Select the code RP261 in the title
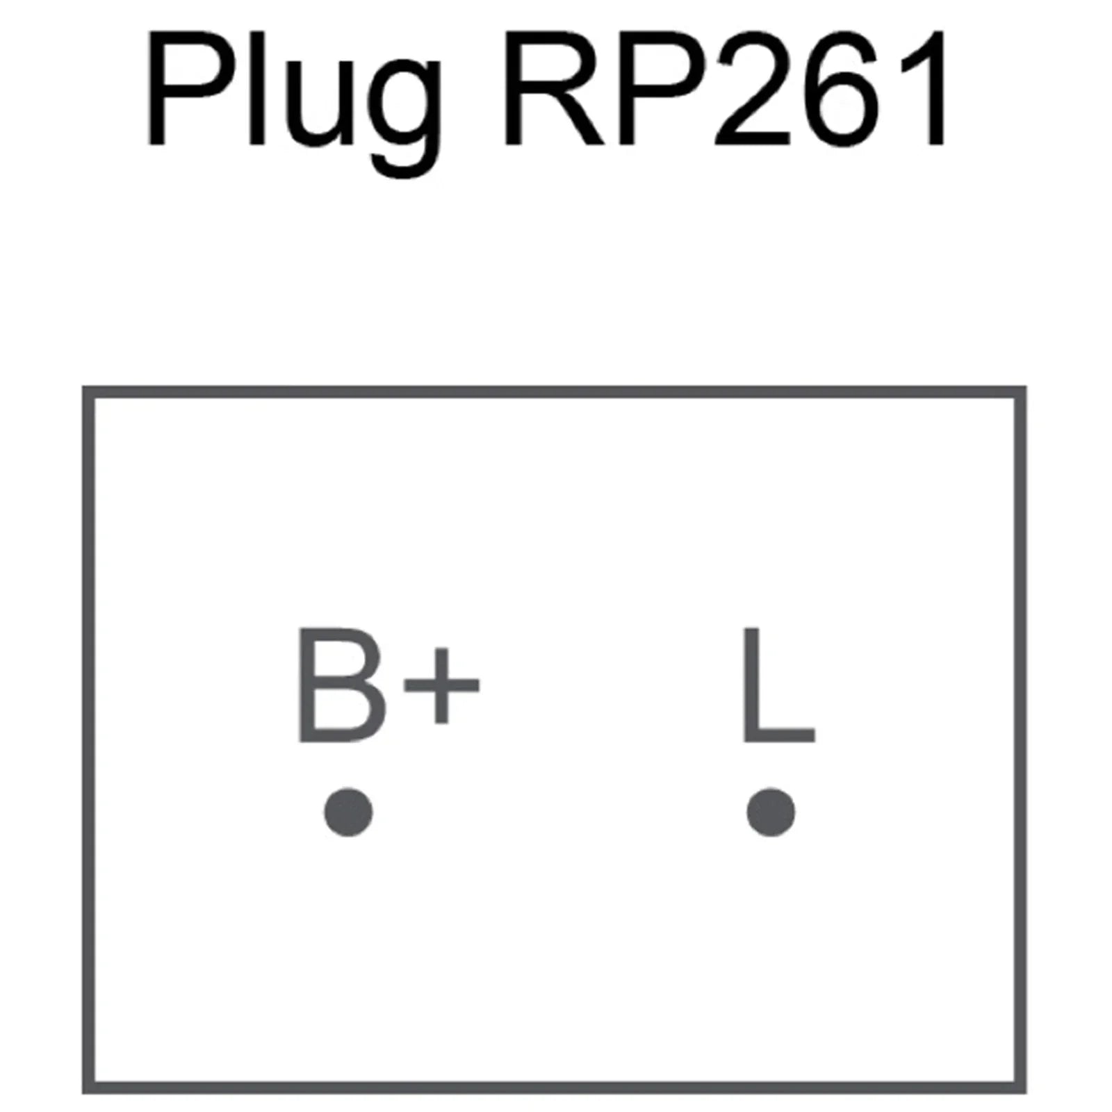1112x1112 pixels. click(x=724, y=88)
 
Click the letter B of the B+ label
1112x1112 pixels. click(x=340, y=685)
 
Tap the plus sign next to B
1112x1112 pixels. click(x=442, y=685)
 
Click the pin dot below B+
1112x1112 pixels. click(x=348, y=812)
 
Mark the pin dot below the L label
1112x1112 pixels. click(x=771, y=812)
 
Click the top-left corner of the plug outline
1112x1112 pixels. click(x=88, y=393)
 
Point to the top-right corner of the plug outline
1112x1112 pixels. click(x=1021, y=393)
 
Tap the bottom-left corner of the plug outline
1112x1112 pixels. click(x=88, y=1088)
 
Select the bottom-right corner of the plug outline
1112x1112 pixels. click(x=1021, y=1088)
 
